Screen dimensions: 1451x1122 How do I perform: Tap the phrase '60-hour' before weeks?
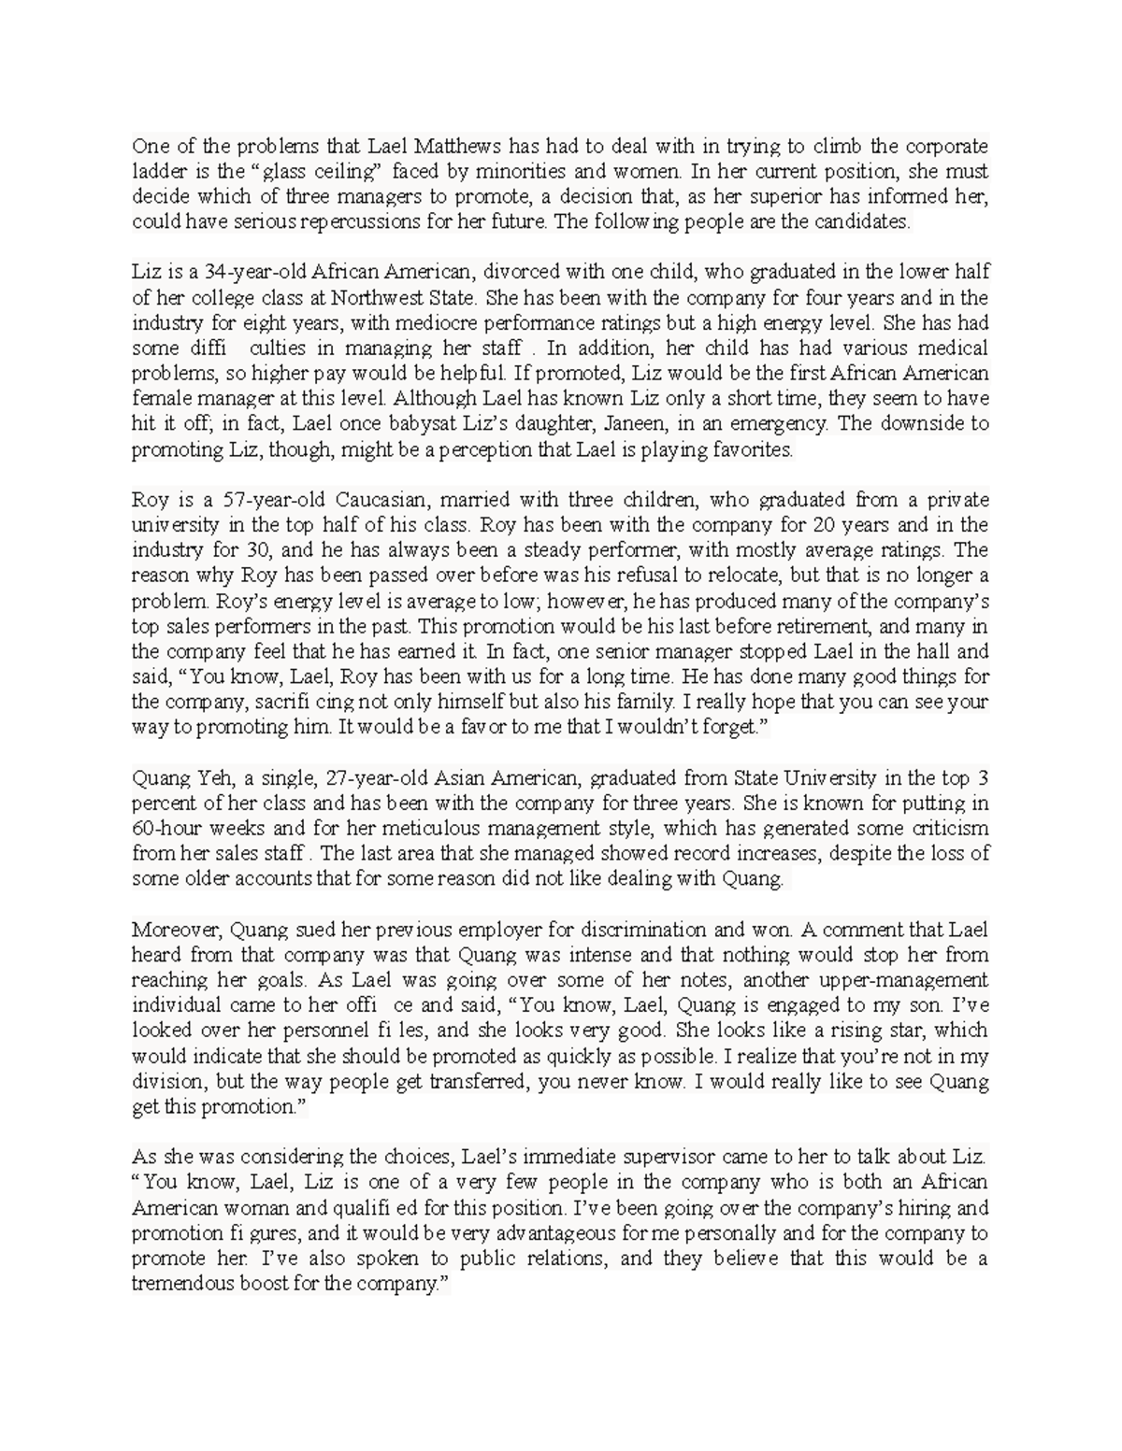click(165, 828)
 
